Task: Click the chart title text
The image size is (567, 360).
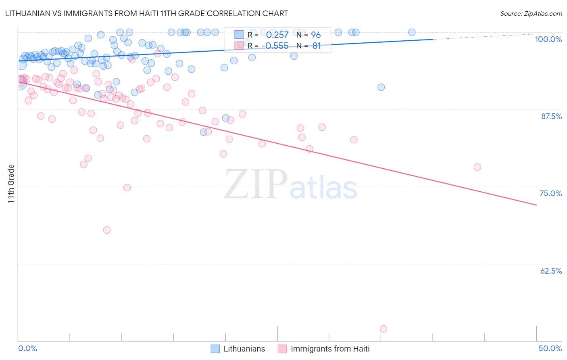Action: [x=146, y=13]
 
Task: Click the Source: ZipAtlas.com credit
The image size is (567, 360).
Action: [x=531, y=13]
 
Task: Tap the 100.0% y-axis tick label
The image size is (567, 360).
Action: [x=548, y=39]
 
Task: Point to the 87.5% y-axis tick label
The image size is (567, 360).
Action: [x=551, y=116]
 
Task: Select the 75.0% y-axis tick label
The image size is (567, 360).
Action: [x=550, y=193]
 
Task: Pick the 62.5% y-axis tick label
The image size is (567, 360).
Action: [x=551, y=271]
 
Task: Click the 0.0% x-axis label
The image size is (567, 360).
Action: [x=27, y=348]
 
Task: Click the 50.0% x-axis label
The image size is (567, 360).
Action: [x=550, y=348]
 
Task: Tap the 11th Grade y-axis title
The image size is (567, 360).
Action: [x=11, y=184]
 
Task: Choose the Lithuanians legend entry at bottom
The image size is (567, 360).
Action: [x=244, y=349]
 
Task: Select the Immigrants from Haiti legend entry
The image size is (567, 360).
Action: [x=330, y=349]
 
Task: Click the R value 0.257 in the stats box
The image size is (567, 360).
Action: [x=277, y=35]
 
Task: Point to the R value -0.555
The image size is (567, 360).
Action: [x=275, y=46]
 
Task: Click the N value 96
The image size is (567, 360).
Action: [x=316, y=35]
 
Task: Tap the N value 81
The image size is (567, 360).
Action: [x=317, y=46]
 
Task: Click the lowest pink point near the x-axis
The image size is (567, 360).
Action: [x=384, y=329]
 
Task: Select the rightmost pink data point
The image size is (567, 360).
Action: [x=477, y=167]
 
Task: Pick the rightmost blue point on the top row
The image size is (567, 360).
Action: [x=412, y=32]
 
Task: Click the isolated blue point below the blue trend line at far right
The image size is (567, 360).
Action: [x=381, y=87]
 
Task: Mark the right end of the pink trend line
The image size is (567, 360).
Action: [x=536, y=205]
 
